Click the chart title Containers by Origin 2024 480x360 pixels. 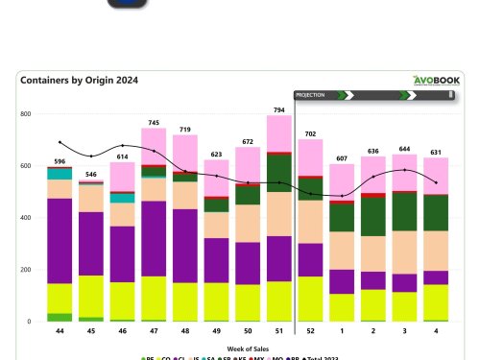coord(79,82)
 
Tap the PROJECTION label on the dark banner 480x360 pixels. coord(311,95)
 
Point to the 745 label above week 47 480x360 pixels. coord(153,122)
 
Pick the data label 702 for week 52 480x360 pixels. coord(310,133)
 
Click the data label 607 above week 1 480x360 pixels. coord(341,157)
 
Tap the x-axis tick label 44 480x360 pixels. coord(60,331)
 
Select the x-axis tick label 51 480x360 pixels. coord(278,331)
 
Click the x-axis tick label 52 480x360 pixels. coord(310,331)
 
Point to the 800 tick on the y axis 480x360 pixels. coord(26,114)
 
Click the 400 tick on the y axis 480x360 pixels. coord(26,218)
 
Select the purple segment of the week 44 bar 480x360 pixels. coord(60,241)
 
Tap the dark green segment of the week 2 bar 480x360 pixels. coord(372,216)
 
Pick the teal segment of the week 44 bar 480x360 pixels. coord(60,174)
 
